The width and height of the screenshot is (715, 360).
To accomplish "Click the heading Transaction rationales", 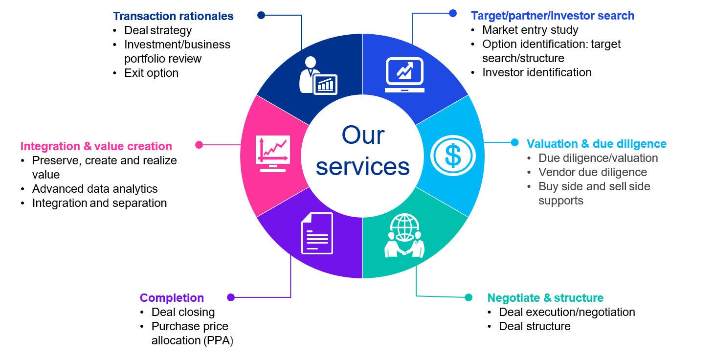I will click(173, 16).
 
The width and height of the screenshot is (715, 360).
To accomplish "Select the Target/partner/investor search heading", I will click(552, 16).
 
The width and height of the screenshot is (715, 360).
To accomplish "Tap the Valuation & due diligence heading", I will click(596, 144).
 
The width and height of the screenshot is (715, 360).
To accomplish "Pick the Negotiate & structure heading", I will click(545, 298).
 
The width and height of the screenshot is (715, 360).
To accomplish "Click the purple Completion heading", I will click(172, 298).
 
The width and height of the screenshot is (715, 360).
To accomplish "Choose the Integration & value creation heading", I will click(96, 146).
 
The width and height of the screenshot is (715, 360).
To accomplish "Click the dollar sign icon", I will click(453, 155).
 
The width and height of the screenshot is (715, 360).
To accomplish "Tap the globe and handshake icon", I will click(404, 236).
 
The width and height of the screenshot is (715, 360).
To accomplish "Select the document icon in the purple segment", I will click(317, 233).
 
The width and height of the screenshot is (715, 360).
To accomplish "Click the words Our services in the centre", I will click(362, 151).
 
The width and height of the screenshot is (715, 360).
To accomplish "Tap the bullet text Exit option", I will click(151, 73).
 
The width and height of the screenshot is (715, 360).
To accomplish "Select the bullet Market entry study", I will click(530, 30).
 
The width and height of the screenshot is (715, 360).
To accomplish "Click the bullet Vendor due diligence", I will click(592, 172).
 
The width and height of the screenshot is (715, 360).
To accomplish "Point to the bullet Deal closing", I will click(183, 312).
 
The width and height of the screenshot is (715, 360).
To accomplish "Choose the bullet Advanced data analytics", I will click(95, 189).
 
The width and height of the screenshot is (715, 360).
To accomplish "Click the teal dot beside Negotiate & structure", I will click(469, 297).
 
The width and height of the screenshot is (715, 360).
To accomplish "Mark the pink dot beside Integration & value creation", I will click(199, 145).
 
